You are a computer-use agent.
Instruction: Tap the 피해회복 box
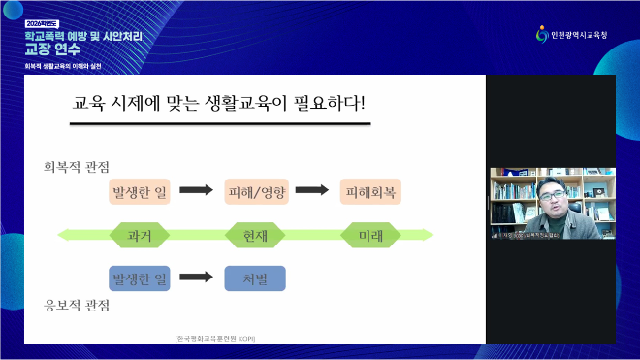pos(370,191)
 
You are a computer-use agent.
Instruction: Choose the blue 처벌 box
pos(255,278)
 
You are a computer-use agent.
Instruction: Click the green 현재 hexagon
pos(255,235)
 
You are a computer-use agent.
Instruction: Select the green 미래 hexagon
pos(370,235)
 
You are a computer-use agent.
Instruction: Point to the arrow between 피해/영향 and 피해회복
pos(312,191)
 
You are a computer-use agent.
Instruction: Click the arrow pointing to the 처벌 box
pos(197,278)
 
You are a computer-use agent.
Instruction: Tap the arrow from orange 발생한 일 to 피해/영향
pos(197,191)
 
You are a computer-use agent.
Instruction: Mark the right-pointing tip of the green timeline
pos(430,235)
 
